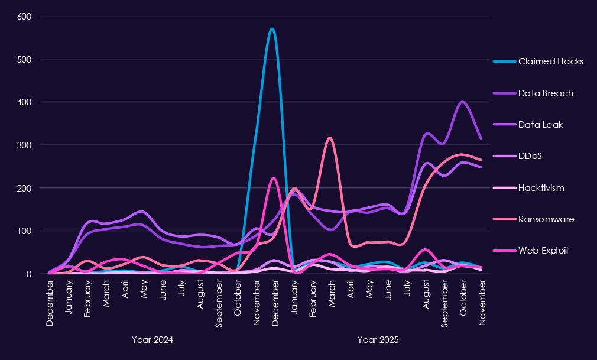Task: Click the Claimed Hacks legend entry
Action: pos(550,61)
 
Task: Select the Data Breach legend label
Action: pos(546,93)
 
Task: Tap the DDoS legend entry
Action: pos(530,157)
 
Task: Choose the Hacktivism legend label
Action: pos(541,188)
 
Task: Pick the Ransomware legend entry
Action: pos(546,219)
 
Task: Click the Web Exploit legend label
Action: pos(543,251)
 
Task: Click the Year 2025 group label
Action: pos(378,340)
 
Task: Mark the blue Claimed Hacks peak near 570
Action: pos(272,29)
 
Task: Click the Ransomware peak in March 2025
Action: pos(329,138)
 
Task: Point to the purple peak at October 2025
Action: pos(463,102)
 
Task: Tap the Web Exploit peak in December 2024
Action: pos(273,178)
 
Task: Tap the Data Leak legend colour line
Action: pos(503,125)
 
